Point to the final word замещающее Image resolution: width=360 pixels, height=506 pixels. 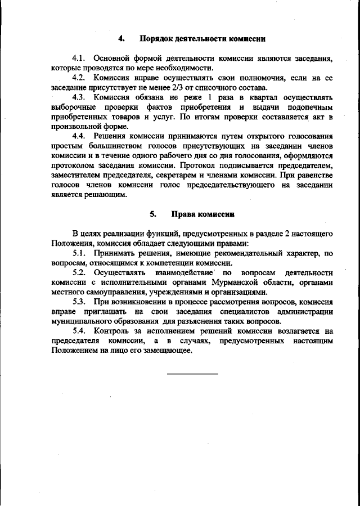tap(168, 350)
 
